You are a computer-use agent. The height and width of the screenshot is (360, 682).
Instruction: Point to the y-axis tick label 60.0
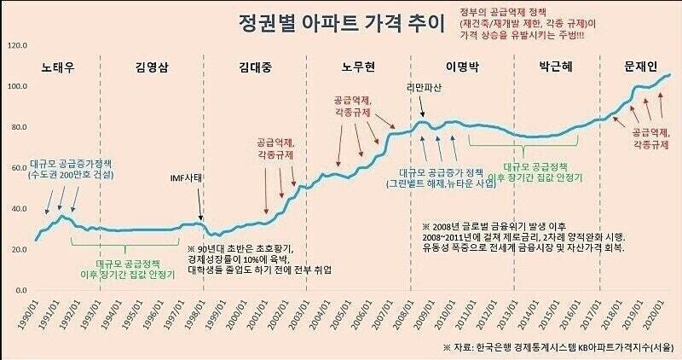click(19, 168)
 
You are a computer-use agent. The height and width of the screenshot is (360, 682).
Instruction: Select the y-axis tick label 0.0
click(21, 291)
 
